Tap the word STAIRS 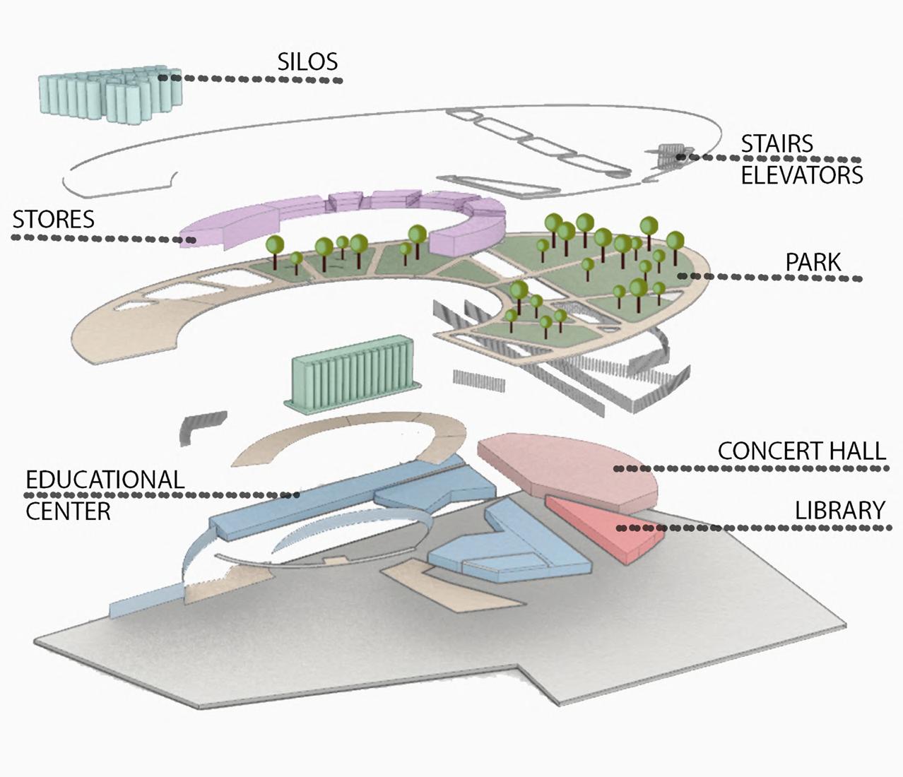(777, 143)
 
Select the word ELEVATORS (802, 174)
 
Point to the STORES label (54, 219)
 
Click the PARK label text (813, 262)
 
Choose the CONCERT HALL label (801, 451)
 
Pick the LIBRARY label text (840, 509)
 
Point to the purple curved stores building (339, 215)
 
